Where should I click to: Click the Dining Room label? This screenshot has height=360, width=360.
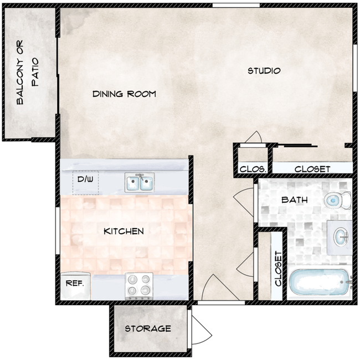[124, 94]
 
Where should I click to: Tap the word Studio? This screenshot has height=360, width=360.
[264, 71]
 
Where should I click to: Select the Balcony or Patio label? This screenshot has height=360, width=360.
[27, 75]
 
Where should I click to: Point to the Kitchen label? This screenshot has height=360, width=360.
[124, 231]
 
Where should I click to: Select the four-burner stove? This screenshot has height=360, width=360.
[138, 285]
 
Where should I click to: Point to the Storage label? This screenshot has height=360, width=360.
[147, 328]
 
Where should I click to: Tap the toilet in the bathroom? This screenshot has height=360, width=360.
[338, 199]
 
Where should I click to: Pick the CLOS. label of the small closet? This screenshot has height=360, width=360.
[253, 169]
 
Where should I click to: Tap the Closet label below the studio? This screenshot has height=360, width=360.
[312, 169]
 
